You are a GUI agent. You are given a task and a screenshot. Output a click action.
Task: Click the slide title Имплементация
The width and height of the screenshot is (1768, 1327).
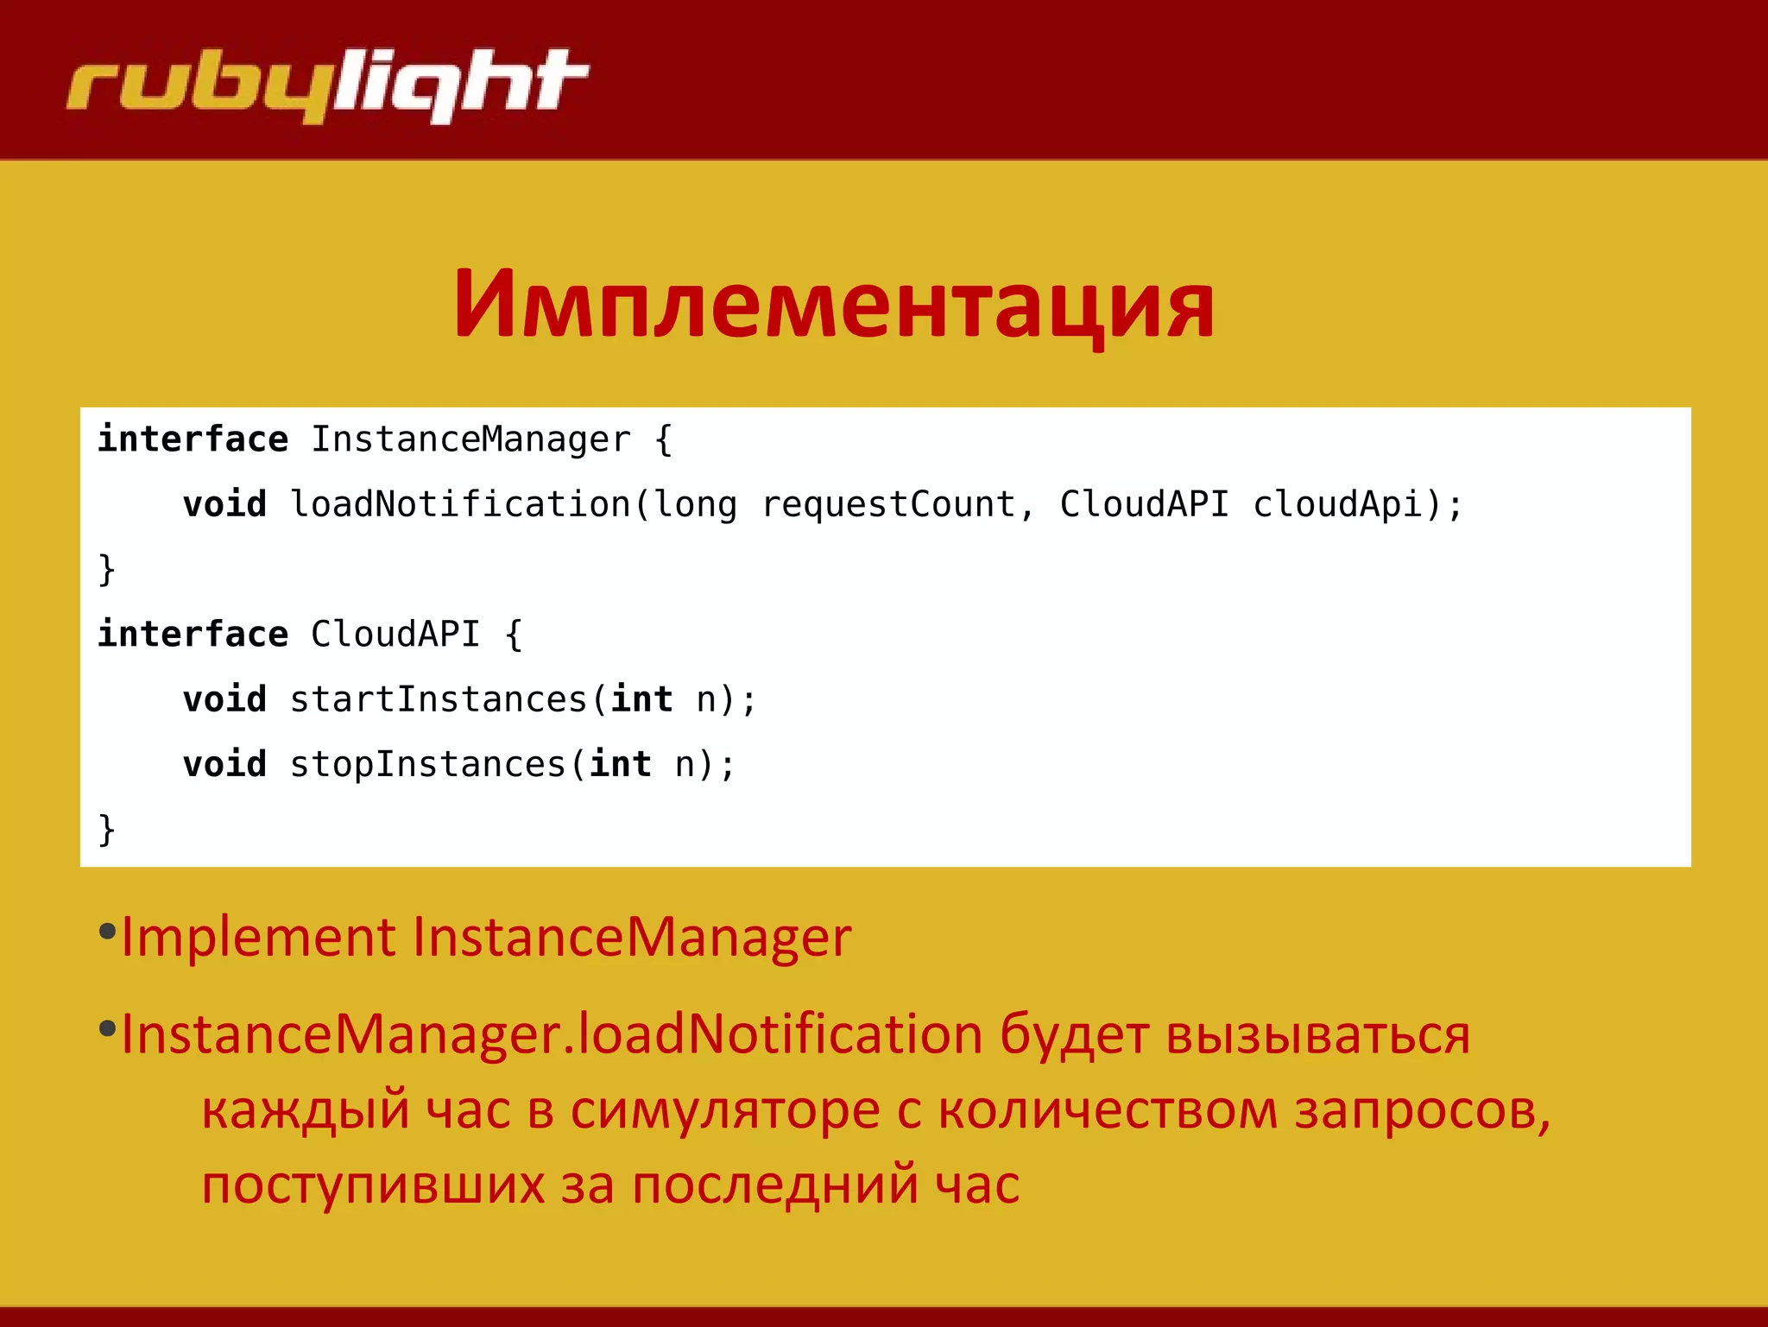pos(834,304)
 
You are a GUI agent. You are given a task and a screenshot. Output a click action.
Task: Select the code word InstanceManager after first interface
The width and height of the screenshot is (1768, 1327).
pos(470,439)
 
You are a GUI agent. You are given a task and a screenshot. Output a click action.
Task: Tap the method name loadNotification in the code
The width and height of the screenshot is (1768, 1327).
pos(460,504)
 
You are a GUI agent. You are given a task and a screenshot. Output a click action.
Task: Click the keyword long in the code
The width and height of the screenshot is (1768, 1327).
pos(695,504)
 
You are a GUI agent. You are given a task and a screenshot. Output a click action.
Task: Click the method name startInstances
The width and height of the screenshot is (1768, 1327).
pos(439,699)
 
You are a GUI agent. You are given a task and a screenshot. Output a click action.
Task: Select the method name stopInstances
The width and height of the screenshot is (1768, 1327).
pos(427,765)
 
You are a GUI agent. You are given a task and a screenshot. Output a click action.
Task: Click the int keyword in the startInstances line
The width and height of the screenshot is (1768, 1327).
pos(641,699)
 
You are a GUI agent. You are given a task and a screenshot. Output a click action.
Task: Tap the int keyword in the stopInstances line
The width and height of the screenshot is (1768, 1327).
pos(620,765)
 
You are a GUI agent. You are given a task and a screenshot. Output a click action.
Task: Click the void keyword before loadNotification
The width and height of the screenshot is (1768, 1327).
pos(224,504)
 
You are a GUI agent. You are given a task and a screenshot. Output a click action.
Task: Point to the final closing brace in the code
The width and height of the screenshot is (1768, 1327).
pos(106,830)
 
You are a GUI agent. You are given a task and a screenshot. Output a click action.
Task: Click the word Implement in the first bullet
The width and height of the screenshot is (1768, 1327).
pos(258,938)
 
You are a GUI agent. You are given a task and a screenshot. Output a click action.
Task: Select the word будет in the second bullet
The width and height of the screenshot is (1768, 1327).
pos(1073,1035)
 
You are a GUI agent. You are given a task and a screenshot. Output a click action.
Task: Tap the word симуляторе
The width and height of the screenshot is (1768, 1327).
pos(724,1110)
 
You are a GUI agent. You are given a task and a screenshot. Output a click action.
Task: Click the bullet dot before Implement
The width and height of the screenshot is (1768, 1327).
pos(107,931)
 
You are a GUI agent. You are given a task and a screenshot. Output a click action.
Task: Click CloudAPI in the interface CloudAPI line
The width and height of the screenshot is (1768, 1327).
pos(395,635)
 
